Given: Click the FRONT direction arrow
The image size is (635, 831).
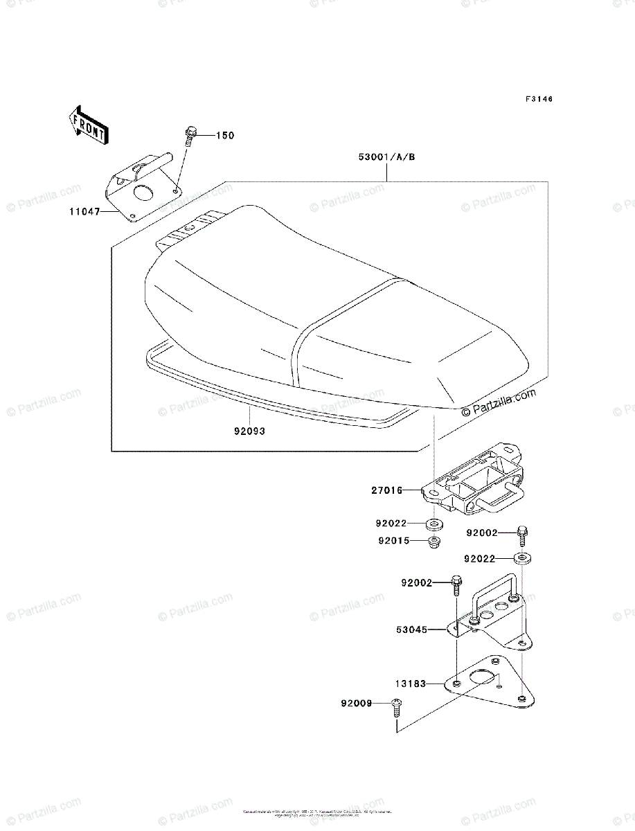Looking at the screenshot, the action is [87, 124].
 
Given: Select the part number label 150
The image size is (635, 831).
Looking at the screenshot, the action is [225, 135].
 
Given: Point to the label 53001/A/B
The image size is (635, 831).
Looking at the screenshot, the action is [386, 157].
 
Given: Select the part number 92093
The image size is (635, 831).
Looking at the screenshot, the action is [249, 431].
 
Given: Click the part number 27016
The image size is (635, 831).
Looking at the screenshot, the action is [386, 491].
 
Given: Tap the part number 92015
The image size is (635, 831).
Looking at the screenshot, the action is [393, 541].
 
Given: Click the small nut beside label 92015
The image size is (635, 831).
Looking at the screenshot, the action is [436, 542].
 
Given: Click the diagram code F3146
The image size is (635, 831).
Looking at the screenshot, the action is [539, 99].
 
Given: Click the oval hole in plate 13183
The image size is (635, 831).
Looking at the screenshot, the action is [479, 677].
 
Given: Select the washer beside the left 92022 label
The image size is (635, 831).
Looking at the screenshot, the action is [436, 523].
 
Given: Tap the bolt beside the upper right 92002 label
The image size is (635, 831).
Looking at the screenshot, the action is [522, 536].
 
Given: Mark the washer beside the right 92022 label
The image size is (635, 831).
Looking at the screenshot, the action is [523, 557].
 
